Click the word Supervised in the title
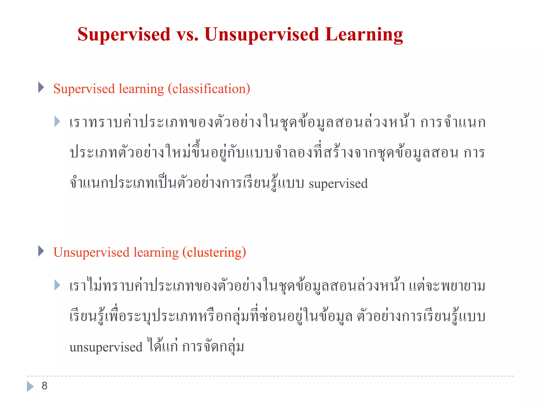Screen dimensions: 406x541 [124, 35]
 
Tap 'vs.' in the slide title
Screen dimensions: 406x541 [187, 35]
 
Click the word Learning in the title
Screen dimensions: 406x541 [364, 35]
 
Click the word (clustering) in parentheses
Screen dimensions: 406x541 [214, 252]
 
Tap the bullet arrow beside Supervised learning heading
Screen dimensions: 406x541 [41, 87]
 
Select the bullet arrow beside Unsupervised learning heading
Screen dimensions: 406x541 [41, 251]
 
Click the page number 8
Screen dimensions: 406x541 [44, 386]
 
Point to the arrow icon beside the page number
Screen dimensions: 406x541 [30, 386]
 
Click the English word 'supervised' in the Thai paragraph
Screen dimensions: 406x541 [338, 184]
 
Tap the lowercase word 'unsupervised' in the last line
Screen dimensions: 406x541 [106, 347]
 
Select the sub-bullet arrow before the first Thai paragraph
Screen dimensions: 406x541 [57, 122]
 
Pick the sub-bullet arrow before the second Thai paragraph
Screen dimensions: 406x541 [57, 285]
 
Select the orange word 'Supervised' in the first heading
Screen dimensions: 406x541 [84, 89]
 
